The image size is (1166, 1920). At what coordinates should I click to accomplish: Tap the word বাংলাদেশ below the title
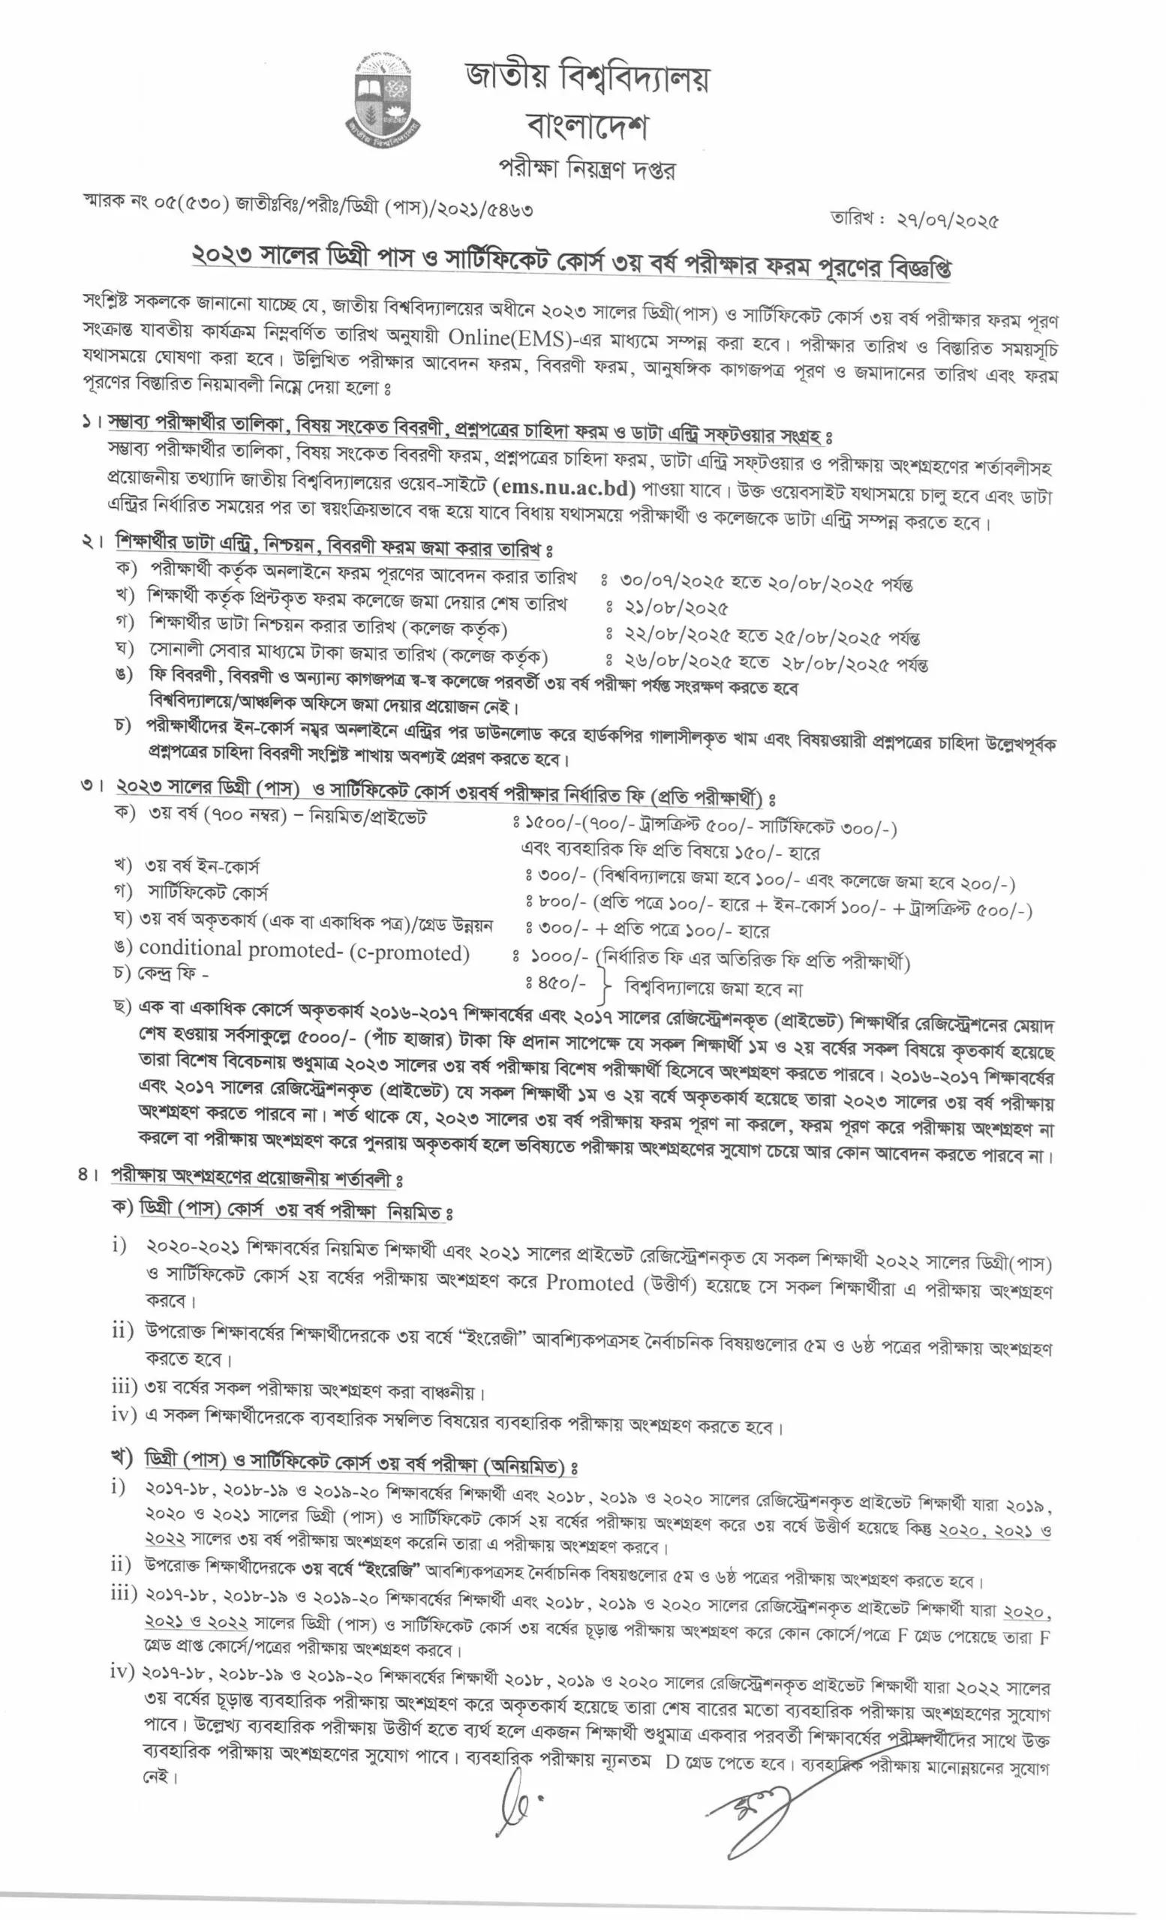click(587, 124)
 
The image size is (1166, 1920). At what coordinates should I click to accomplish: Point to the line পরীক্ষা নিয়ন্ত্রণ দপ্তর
click(586, 167)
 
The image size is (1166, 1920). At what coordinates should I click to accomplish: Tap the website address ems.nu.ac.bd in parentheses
click(564, 488)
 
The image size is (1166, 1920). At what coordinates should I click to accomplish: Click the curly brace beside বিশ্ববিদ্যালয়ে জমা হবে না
click(605, 986)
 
